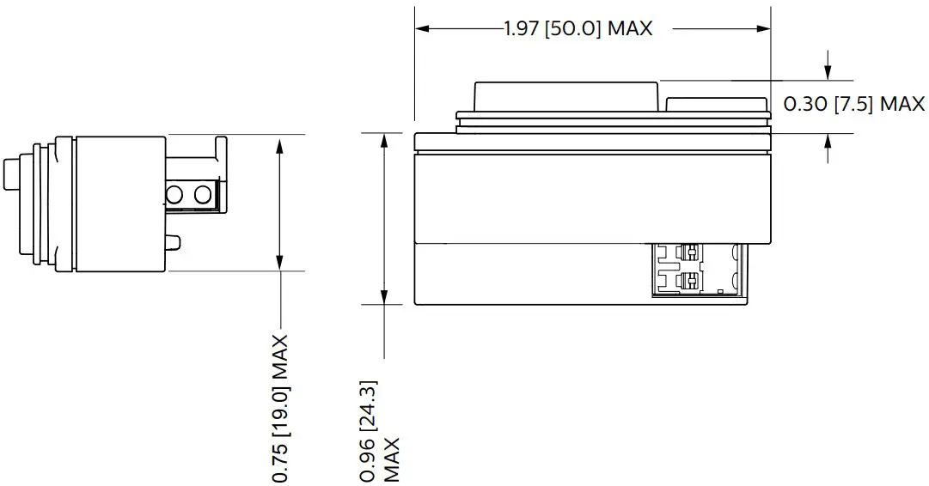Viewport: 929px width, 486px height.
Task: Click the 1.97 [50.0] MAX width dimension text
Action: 578,28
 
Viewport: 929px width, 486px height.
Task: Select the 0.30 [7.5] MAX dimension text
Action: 853,104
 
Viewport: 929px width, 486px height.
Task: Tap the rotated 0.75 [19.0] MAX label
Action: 280,408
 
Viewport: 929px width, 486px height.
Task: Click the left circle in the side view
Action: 177,195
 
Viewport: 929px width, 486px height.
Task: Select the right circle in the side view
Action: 203,195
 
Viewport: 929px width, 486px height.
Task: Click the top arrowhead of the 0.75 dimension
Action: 279,143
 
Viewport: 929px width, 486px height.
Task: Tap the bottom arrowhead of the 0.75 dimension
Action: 279,263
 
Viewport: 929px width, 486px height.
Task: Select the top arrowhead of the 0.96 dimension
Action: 382,141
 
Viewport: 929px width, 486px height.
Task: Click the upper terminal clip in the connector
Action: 690,252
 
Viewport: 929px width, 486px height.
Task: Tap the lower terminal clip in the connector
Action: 690,281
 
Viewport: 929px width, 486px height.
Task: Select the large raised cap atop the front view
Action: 565,95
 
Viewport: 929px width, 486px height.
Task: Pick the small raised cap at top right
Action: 716,104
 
